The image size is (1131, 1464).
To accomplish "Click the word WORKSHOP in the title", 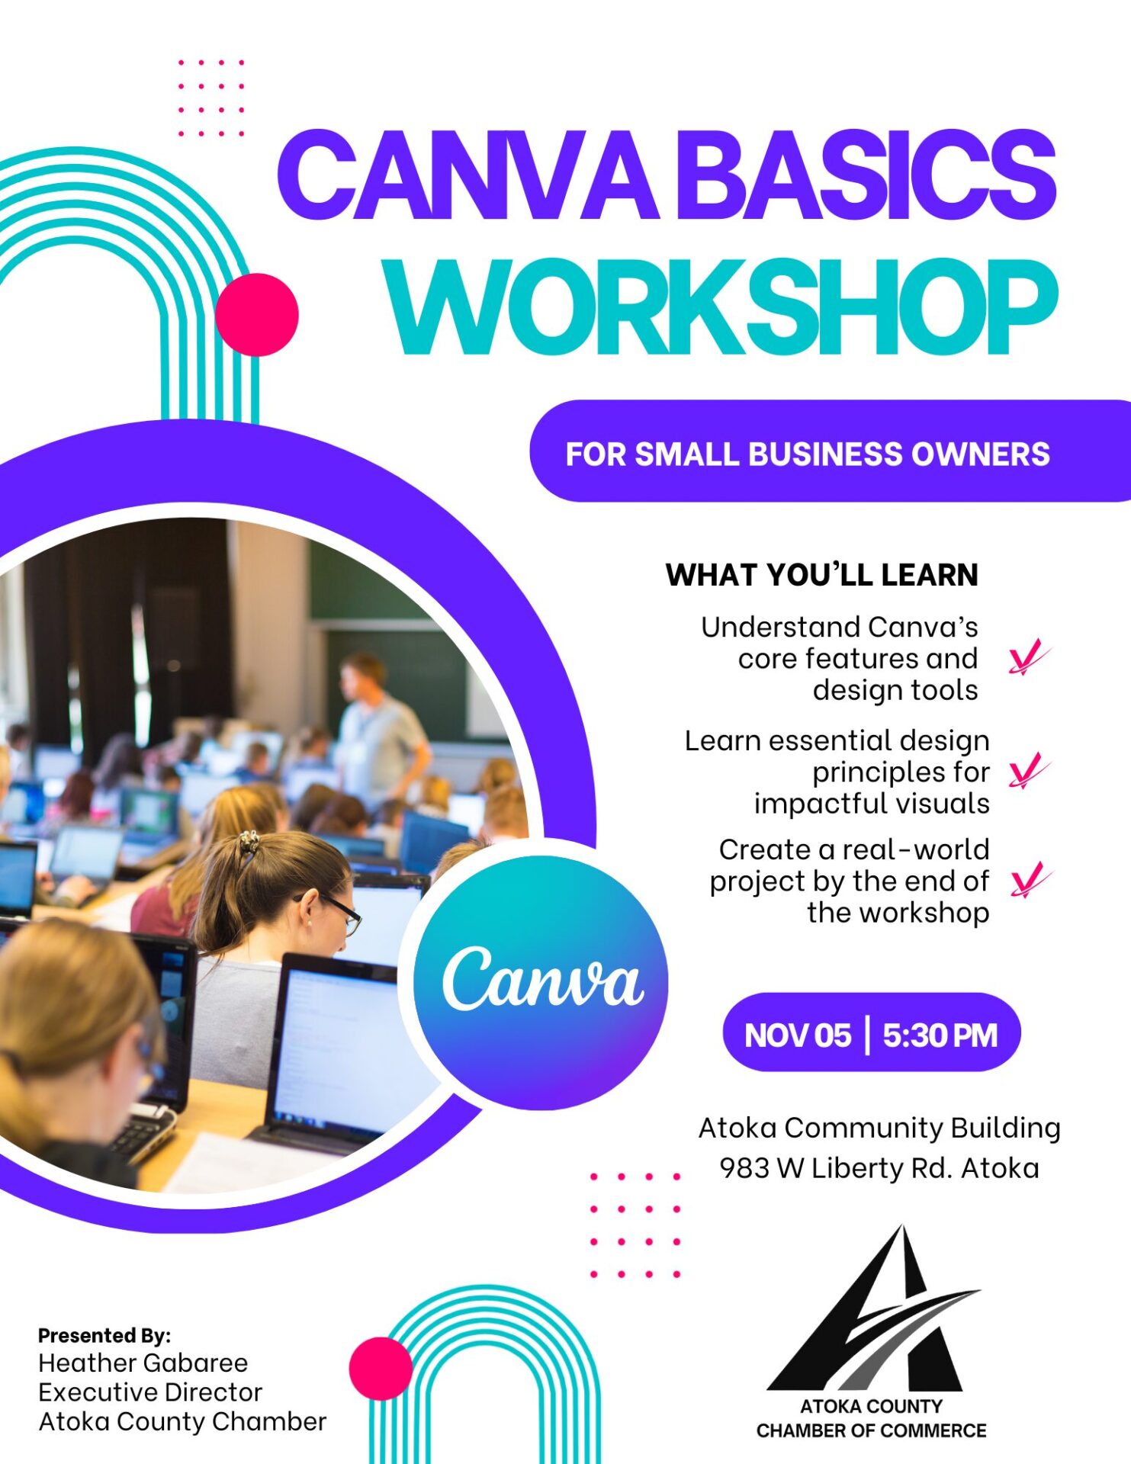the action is click(721, 307).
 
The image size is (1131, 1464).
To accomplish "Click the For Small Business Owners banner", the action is click(830, 451).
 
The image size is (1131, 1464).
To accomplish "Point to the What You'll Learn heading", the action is click(821, 575).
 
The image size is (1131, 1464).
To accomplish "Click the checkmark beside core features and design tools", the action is click(1029, 658).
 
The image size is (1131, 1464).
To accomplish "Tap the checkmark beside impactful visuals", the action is click(1029, 771).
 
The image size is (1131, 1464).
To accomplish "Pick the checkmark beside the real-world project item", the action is click(1030, 880).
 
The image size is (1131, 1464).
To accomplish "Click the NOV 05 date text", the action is click(797, 1035).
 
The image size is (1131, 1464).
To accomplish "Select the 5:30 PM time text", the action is click(940, 1035).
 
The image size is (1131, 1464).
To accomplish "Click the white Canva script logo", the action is click(543, 978).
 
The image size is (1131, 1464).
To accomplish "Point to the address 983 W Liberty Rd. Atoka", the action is click(879, 1168).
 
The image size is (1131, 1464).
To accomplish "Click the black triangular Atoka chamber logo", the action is click(874, 1308).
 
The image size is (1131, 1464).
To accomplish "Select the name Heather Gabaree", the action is click(143, 1363).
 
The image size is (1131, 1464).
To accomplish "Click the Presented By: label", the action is click(104, 1335).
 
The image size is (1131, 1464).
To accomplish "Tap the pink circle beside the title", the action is click(257, 315).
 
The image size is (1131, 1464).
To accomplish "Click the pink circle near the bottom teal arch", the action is click(381, 1369).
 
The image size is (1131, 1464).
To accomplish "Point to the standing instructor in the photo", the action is click(378, 732).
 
